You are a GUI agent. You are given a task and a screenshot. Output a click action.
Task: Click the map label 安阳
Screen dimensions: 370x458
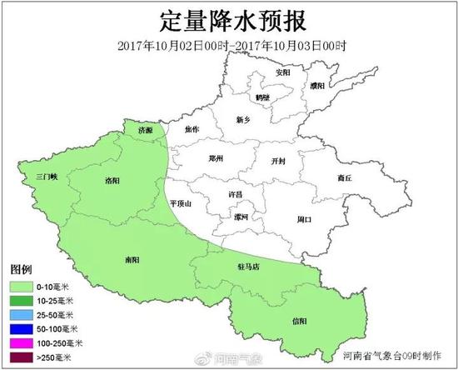[284, 72]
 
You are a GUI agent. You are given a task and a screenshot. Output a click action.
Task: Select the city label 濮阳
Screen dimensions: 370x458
[317, 86]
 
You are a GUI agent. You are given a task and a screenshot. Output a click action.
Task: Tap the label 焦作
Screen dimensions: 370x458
[192, 129]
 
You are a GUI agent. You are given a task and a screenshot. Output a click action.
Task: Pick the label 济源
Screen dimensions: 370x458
[146, 131]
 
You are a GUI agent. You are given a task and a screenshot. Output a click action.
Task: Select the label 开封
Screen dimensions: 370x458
[280, 161]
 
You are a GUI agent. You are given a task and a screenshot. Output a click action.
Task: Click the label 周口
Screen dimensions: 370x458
[303, 219]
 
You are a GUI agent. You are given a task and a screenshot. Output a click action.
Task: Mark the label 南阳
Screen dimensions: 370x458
[132, 260]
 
